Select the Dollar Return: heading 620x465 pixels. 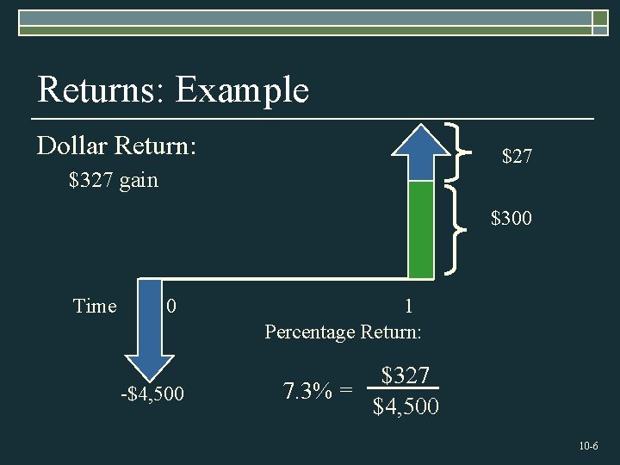point(117,146)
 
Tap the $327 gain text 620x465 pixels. point(114,181)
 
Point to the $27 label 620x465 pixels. point(517,156)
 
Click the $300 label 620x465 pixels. point(512,219)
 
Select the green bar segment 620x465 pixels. point(421,229)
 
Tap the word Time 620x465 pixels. point(95,307)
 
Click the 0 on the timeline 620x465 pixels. point(172,307)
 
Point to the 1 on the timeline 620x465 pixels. point(408,306)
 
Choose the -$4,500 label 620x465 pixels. point(152,394)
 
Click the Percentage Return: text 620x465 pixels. point(343,332)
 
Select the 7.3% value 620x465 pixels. point(309,391)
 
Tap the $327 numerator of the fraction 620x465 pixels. point(406,375)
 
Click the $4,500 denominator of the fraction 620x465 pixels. point(406,406)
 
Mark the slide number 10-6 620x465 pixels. point(589,446)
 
